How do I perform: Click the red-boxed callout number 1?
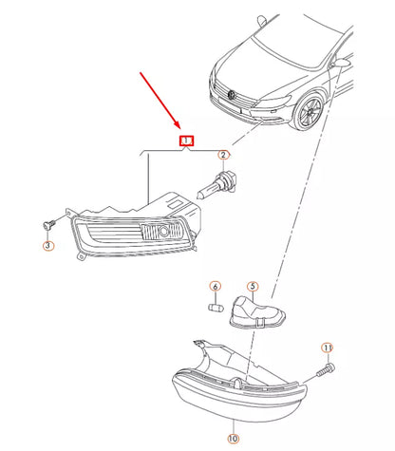click(187, 141)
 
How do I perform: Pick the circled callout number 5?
click(253, 286)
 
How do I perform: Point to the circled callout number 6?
click(215, 286)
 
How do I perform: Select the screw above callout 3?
click(48, 223)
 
